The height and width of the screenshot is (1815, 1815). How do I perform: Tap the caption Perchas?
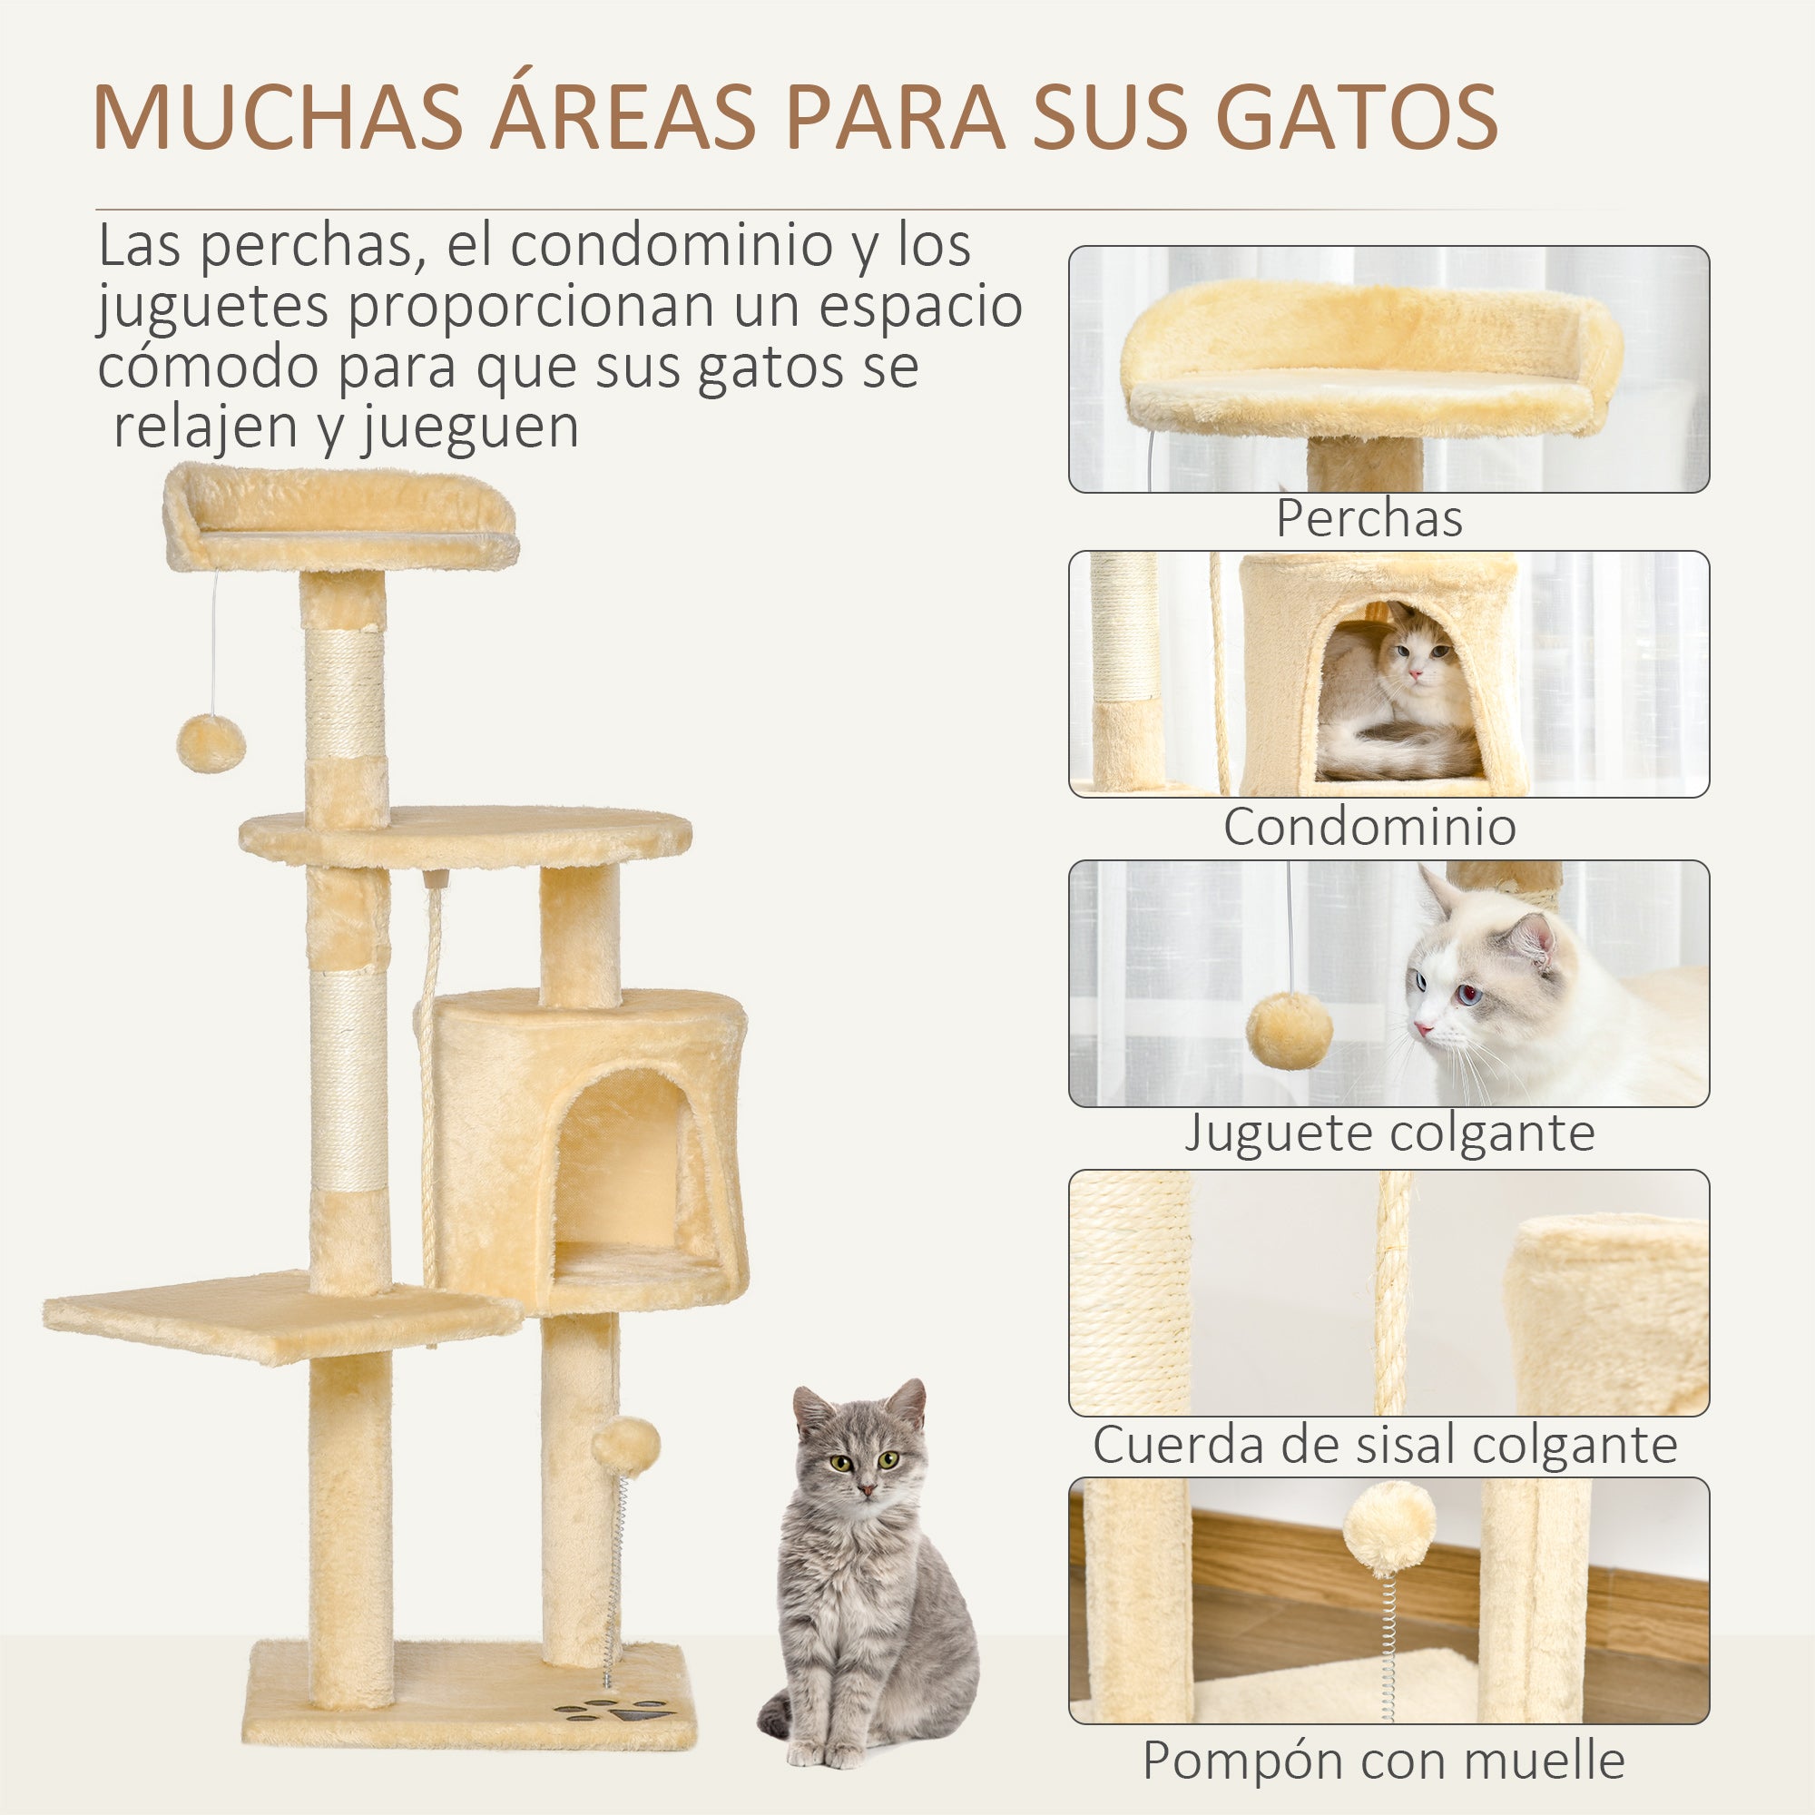pyautogui.click(x=1369, y=517)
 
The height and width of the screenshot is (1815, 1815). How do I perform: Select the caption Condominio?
pyautogui.click(x=1369, y=827)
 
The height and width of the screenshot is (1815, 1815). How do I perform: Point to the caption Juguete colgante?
pyautogui.click(x=1389, y=1132)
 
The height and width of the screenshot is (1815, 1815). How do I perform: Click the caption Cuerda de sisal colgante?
pyautogui.click(x=1385, y=1444)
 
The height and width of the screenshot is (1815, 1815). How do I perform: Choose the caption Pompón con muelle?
pyautogui.click(x=1384, y=1760)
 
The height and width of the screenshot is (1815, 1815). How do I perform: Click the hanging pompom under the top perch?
pyautogui.click(x=211, y=743)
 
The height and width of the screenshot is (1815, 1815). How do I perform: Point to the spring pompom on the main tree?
pyautogui.click(x=624, y=1447)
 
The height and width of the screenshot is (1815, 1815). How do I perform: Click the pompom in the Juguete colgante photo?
pyautogui.click(x=1289, y=1031)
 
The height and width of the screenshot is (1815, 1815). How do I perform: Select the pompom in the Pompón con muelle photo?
pyautogui.click(x=1388, y=1533)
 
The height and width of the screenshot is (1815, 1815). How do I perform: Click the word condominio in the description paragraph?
pyautogui.click(x=672, y=245)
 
